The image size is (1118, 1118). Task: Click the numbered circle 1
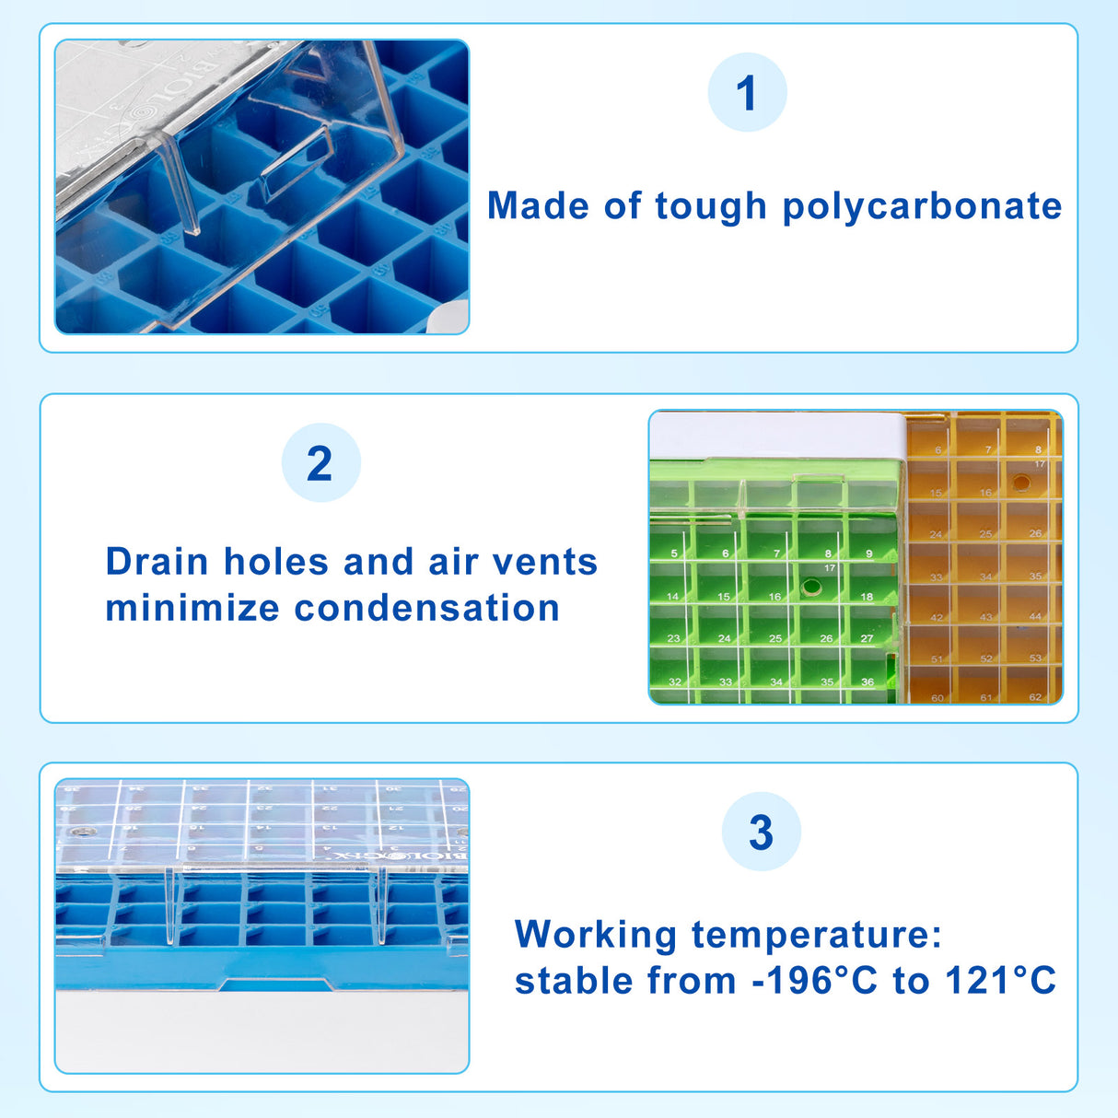pyautogui.click(x=747, y=93)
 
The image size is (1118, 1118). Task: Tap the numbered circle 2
pyautogui.click(x=320, y=463)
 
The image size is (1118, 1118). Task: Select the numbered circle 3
pyautogui.click(x=761, y=833)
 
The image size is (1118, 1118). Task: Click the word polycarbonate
pyautogui.click(x=922, y=206)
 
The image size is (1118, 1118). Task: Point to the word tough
pyautogui.click(x=710, y=206)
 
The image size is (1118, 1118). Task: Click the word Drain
pyautogui.click(x=157, y=562)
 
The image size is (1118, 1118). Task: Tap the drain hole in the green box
pyautogui.click(x=811, y=587)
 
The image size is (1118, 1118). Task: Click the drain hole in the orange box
pyautogui.click(x=1021, y=483)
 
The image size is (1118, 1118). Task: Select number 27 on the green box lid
pyautogui.click(x=867, y=638)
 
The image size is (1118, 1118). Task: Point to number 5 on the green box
pyautogui.click(x=674, y=553)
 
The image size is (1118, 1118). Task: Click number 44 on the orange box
pyautogui.click(x=1035, y=617)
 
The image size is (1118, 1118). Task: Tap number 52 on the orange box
pyautogui.click(x=986, y=658)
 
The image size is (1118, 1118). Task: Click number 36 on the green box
pyautogui.click(x=867, y=682)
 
